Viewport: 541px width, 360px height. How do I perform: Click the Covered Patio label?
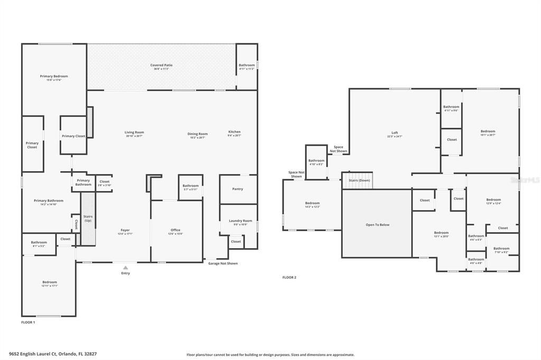[161, 65]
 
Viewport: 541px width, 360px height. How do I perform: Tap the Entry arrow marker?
[125, 268]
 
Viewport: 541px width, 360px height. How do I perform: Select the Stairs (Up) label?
[88, 219]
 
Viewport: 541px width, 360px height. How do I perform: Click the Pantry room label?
[238, 189]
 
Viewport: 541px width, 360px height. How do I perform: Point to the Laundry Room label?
[240, 221]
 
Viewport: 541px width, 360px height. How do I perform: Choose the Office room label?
[175, 230]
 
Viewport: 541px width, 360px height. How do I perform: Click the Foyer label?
[125, 230]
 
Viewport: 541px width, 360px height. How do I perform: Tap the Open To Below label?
[377, 225]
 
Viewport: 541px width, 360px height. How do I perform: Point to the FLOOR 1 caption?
[28, 322]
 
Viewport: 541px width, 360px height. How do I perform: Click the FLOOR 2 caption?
[289, 277]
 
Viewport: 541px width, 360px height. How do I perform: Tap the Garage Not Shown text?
[222, 263]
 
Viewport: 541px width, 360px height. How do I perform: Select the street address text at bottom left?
[53, 354]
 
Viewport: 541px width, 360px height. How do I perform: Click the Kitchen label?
[234, 132]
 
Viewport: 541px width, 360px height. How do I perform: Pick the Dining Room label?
[198, 134]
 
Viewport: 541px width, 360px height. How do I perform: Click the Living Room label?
[134, 132]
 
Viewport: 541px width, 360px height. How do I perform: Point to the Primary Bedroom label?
[54, 77]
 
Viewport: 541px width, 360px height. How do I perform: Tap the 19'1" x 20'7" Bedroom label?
[488, 131]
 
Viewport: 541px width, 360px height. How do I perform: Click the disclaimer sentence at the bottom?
[270, 355]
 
